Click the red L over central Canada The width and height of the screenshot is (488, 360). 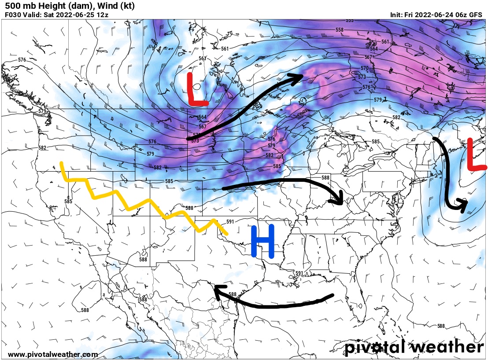[196, 90]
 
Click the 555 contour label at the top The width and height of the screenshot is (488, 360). [350, 21]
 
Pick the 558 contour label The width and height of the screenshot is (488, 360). [339, 30]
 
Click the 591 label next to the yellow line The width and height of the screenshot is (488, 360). [230, 222]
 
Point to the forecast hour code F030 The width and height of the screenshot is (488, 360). [12, 15]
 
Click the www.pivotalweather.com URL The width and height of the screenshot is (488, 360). [53, 354]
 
